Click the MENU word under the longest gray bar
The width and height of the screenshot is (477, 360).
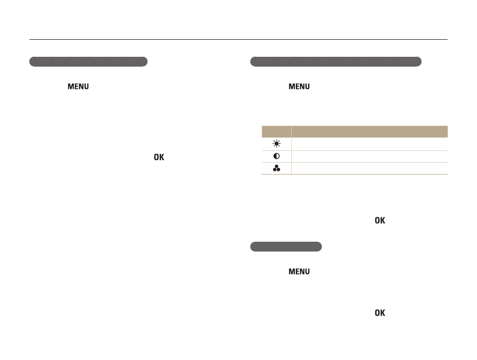point(299,87)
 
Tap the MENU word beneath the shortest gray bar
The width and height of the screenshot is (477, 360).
point(299,272)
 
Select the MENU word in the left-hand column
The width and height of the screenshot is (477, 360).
point(78,87)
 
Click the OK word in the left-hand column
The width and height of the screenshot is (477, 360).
point(159,157)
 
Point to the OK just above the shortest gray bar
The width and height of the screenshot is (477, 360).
point(379,221)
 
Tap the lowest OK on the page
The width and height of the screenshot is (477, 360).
point(379,313)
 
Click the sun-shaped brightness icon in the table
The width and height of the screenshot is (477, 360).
point(277,144)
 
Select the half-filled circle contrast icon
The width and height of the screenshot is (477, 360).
point(277,156)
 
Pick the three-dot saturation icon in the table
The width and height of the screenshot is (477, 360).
point(277,168)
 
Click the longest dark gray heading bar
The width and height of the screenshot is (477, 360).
point(336,61)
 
